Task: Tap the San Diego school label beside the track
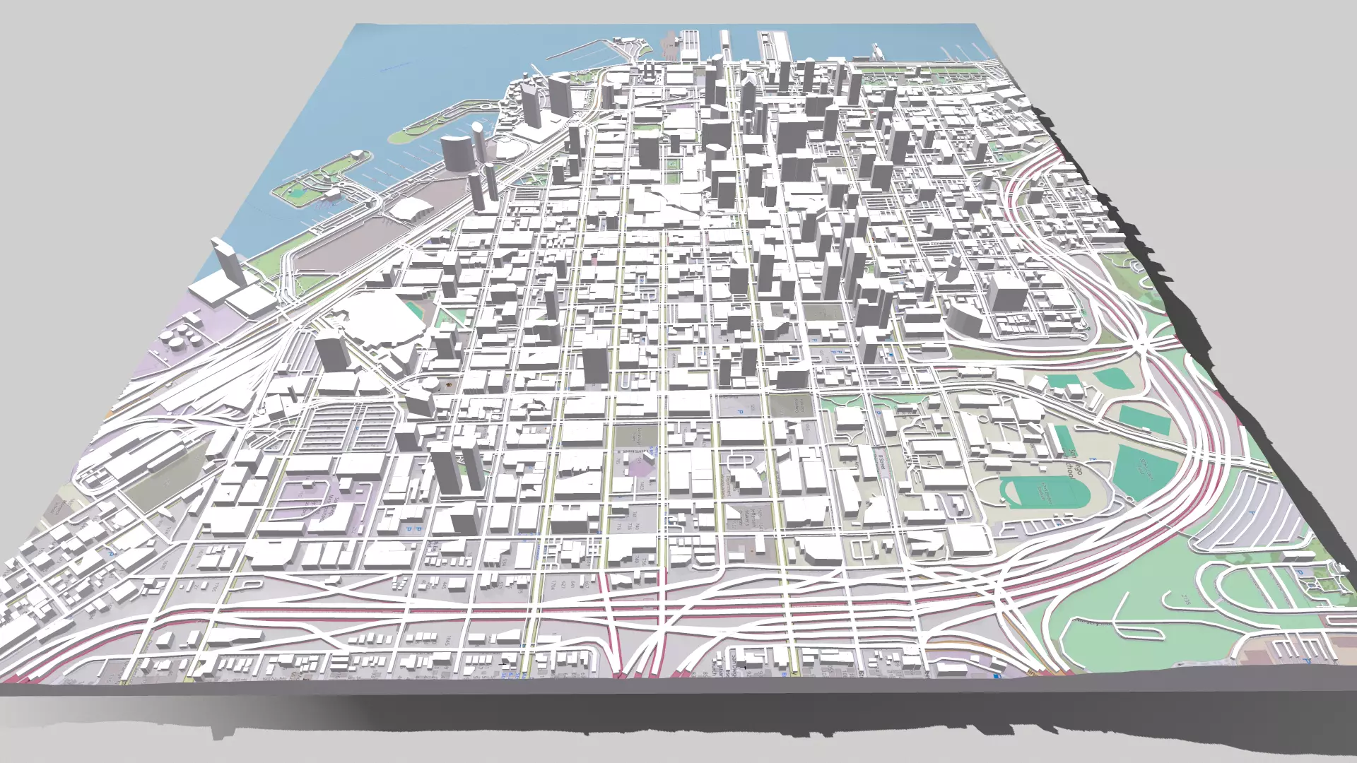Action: coord(1074,463)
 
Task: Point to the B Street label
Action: coord(880,459)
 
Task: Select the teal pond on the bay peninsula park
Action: coord(300,189)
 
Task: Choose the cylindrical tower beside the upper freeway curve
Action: coord(965,316)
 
